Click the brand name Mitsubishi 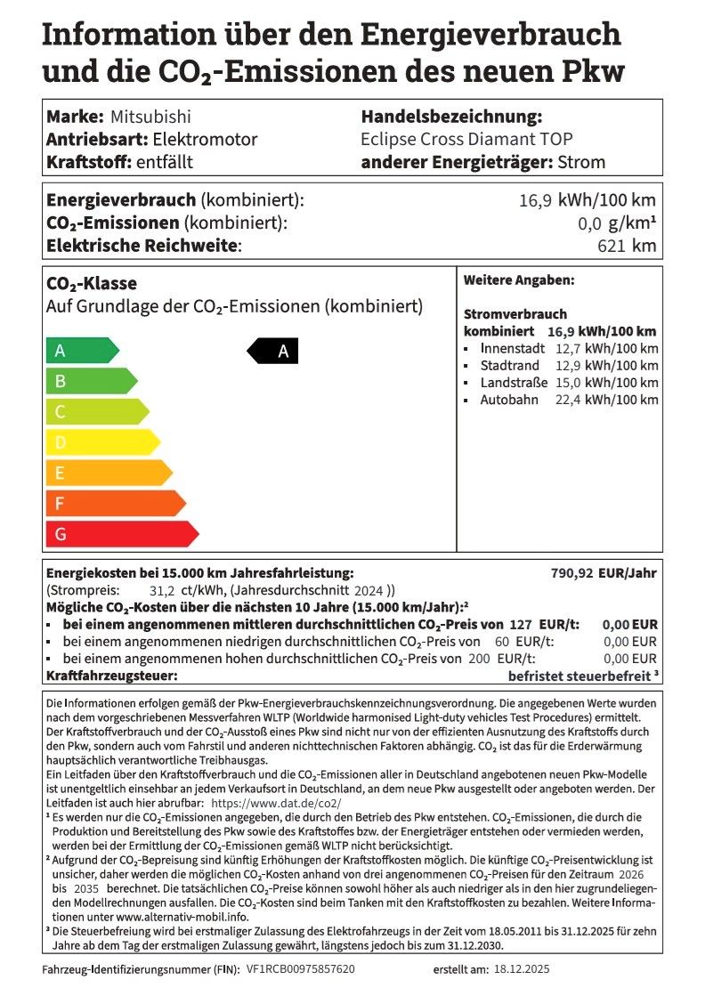pos(150,117)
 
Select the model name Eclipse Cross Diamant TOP pos(466,139)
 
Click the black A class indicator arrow pos(274,352)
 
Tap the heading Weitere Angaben pos(518,279)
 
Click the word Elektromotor pos(205,139)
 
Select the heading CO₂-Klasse pos(91,284)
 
